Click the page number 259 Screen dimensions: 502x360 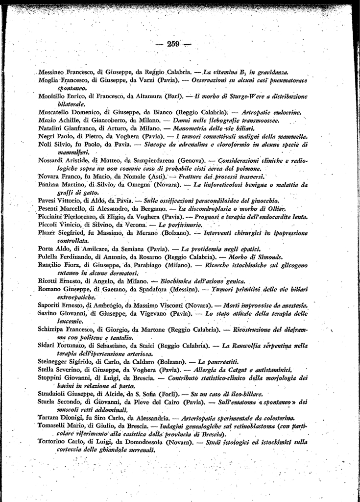point(173,44)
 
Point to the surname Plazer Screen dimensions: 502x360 point(48,233)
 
